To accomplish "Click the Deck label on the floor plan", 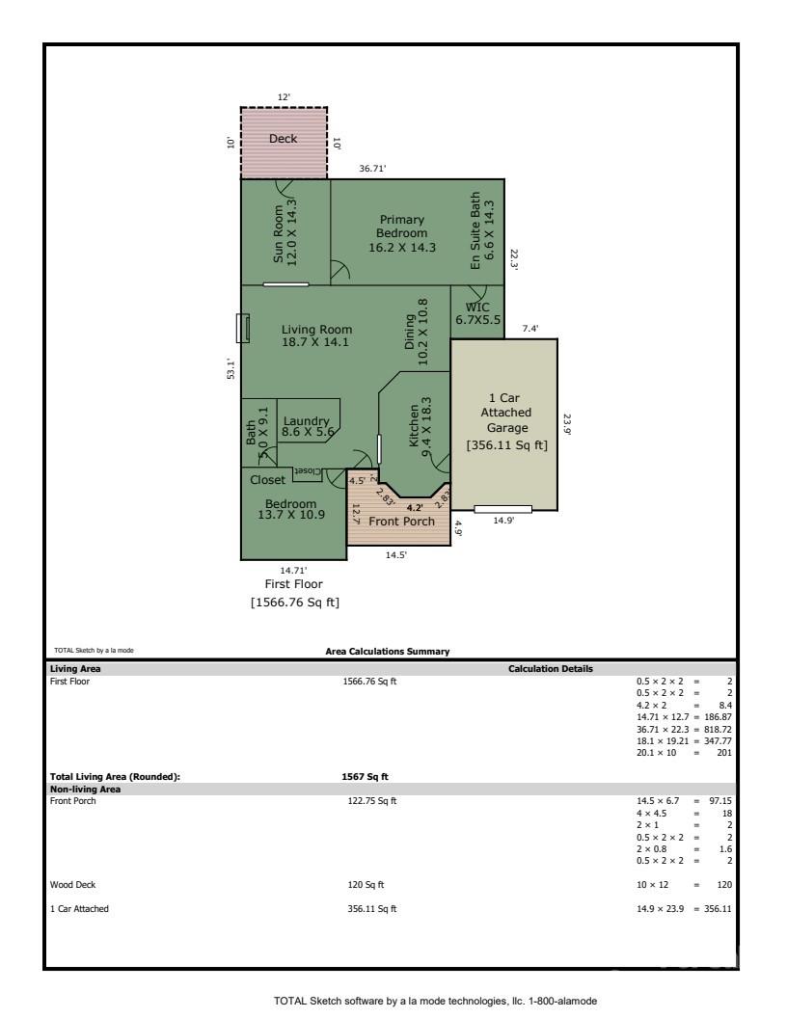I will click(x=283, y=139).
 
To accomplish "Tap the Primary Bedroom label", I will click(x=402, y=233).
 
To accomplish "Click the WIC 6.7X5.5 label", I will click(x=478, y=314).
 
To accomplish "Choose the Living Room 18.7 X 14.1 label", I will click(x=310, y=335).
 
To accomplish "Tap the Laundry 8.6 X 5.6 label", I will click(x=306, y=427).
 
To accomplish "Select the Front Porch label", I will click(x=401, y=522).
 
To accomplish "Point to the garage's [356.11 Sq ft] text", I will click(x=506, y=445).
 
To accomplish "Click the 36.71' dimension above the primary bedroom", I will click(x=372, y=169).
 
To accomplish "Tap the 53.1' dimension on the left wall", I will click(x=231, y=368).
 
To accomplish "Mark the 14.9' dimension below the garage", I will click(x=502, y=522).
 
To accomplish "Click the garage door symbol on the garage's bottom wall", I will click(x=502, y=509).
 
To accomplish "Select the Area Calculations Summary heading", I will click(x=388, y=652).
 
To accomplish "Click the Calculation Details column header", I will click(x=550, y=668).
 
